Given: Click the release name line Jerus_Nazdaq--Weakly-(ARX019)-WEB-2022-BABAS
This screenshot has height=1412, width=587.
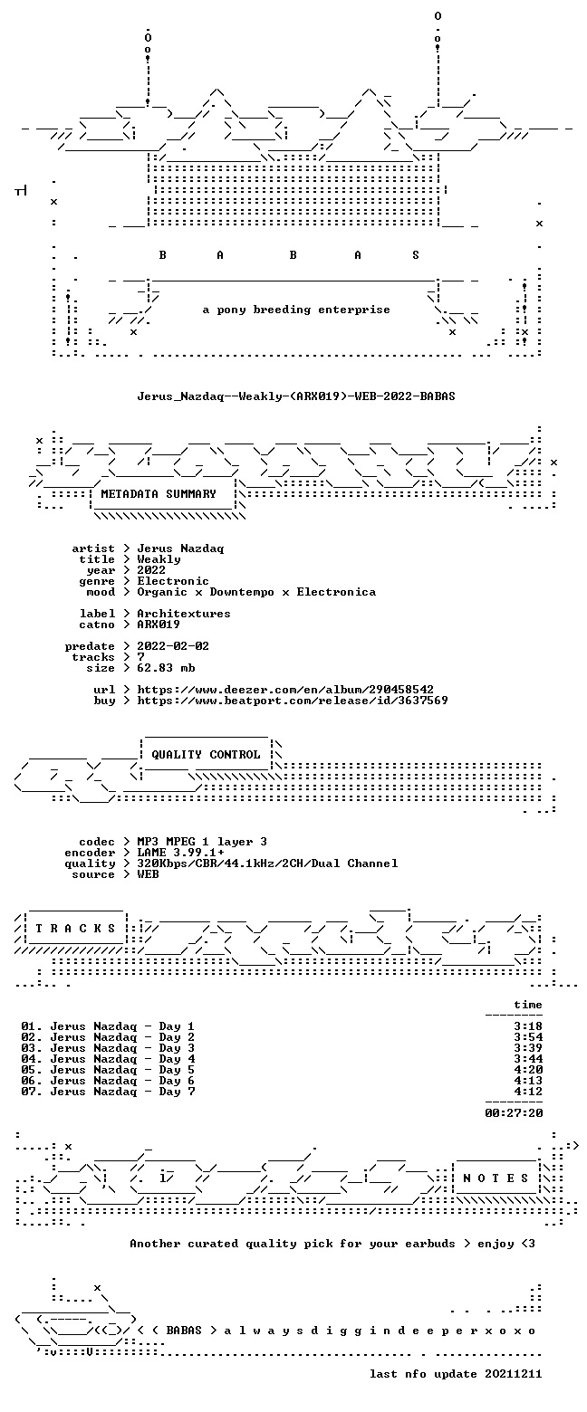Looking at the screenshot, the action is [296, 396].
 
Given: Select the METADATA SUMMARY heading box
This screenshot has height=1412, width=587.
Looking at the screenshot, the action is [162, 495].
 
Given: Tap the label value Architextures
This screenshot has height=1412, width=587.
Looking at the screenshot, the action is [184, 614].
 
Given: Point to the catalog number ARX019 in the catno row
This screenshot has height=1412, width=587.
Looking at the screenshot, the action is [159, 625].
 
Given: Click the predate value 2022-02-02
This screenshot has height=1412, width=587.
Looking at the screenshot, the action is [173, 646].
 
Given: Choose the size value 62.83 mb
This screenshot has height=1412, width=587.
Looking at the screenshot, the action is [166, 668].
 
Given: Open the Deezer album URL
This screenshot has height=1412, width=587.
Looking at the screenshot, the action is [285, 690].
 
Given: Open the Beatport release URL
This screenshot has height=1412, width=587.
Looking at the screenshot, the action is [293, 701].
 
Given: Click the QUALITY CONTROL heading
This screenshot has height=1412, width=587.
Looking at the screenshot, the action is [206, 755].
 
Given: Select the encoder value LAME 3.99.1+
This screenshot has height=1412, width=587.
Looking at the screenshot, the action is [180, 853].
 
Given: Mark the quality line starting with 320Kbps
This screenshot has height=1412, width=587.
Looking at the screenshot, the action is [267, 863].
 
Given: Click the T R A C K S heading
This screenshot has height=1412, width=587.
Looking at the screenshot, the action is [75, 929].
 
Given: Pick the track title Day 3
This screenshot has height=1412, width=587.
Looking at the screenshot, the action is [177, 1047].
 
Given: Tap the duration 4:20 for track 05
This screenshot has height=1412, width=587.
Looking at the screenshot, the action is [528, 1069].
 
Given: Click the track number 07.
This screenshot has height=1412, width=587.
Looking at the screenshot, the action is [31, 1092].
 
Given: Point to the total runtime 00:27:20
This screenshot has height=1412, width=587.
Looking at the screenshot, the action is [514, 1113].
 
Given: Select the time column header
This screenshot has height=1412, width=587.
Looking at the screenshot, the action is [528, 1005].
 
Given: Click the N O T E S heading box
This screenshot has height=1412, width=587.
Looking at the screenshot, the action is [496, 1178].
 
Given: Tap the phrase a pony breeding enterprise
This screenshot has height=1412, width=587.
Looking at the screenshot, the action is [296, 310].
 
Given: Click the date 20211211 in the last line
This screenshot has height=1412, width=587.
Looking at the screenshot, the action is [514, 1374].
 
